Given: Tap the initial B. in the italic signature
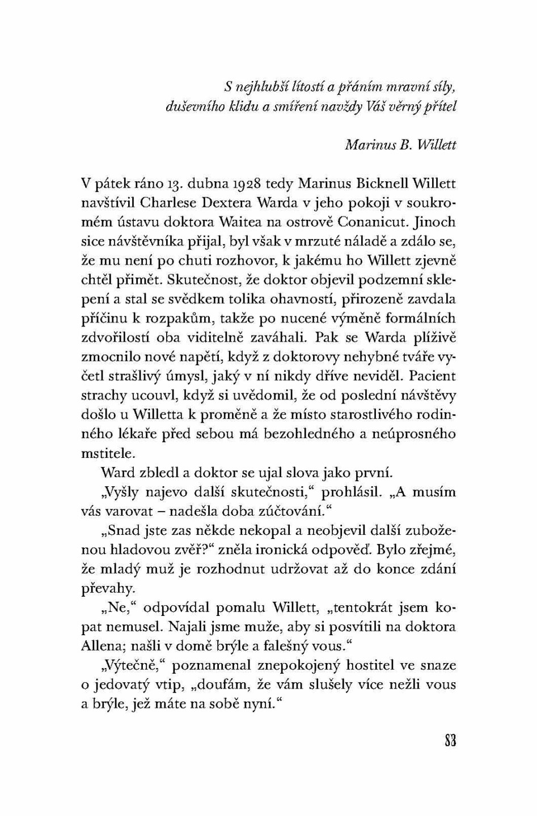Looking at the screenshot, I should click(x=404, y=144).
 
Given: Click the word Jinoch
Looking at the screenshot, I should click(x=435, y=222).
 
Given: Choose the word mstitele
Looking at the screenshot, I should click(x=108, y=453).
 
